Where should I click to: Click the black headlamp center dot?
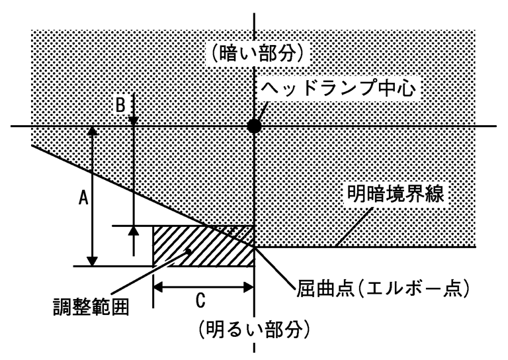[254, 126]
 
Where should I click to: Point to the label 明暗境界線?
[399, 195]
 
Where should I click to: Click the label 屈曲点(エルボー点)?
[382, 289]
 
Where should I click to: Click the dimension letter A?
[83, 197]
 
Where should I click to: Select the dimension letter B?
[120, 105]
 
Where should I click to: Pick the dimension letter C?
[200, 302]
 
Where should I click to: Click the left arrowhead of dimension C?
[159, 287]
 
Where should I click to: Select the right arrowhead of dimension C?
[249, 287]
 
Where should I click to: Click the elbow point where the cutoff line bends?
[254, 247]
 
